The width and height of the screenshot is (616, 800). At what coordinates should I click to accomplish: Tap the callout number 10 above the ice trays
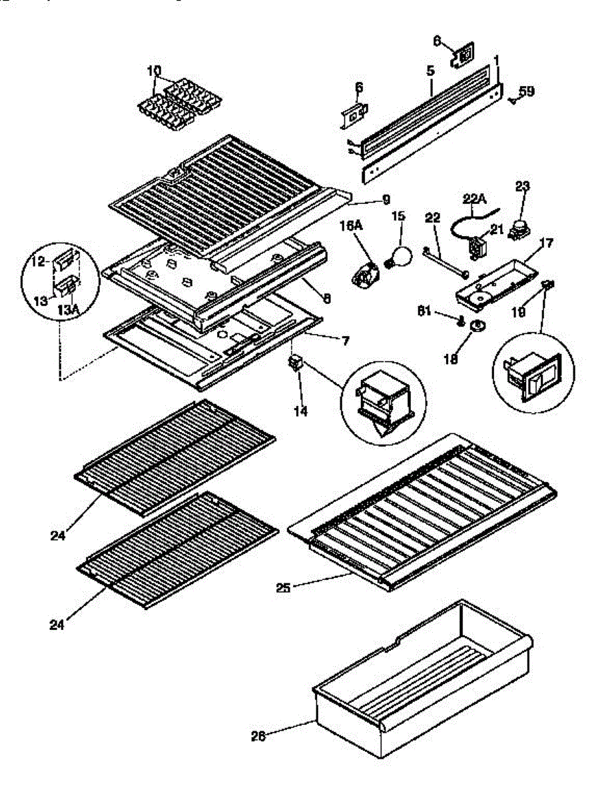(x=153, y=70)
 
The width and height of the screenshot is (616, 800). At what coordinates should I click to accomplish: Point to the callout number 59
(x=527, y=91)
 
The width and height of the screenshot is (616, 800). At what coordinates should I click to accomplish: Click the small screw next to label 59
(x=511, y=101)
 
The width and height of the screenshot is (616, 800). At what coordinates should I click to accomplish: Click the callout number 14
(x=300, y=411)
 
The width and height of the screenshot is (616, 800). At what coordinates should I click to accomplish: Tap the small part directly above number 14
(x=294, y=363)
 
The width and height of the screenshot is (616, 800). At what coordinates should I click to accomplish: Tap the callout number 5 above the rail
(x=430, y=70)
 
